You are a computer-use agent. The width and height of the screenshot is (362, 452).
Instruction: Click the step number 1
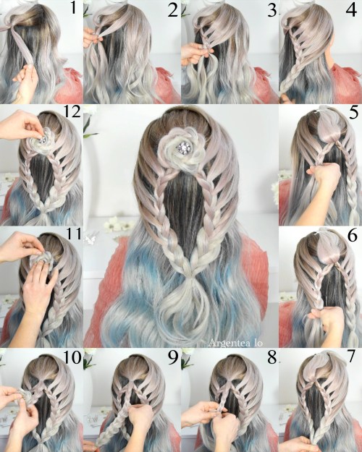73,8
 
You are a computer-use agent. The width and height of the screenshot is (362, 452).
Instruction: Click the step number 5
353,113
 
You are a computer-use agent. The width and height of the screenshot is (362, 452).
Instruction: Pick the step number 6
353,236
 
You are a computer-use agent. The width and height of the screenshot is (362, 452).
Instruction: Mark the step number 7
351,357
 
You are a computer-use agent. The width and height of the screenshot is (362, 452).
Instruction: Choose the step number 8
271,357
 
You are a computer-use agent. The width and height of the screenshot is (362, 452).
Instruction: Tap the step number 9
172,357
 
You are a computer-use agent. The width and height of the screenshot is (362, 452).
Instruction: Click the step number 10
72,357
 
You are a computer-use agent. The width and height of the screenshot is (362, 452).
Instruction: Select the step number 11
73,234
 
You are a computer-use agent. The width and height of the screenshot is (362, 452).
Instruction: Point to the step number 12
72,111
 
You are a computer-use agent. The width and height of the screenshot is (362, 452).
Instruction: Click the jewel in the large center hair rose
182,147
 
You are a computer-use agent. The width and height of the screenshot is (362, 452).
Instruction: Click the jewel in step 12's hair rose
42,140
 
